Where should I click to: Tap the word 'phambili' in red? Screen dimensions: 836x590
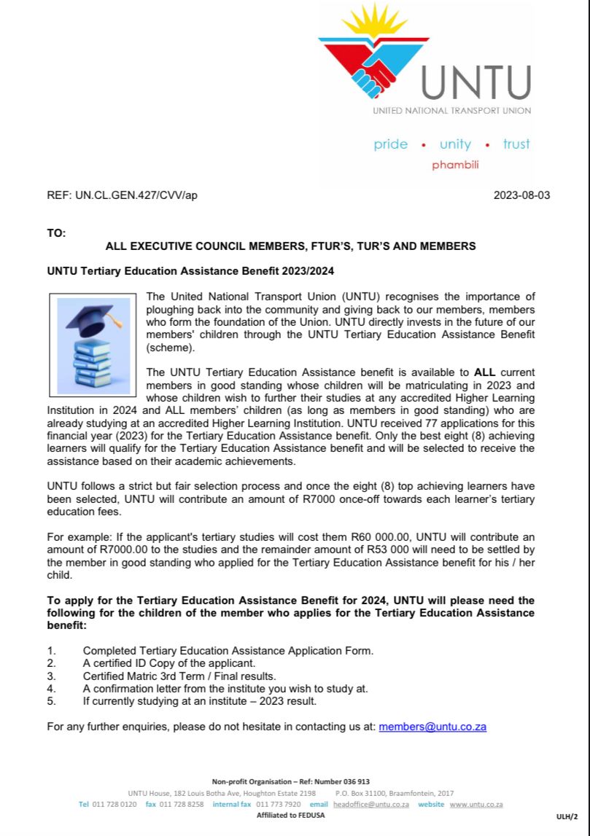pyautogui.click(x=455, y=165)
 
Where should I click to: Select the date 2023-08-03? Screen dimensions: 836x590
pyautogui.click(x=521, y=195)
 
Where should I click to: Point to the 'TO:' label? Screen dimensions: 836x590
pyautogui.click(x=56, y=233)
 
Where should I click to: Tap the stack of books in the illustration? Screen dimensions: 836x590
pyautogui.click(x=93, y=362)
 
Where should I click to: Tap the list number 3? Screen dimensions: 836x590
pyautogui.click(x=51, y=676)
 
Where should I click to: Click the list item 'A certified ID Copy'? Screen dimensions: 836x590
pyautogui.click(x=169, y=663)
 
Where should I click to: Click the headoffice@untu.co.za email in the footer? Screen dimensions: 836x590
pyautogui.click(x=370, y=804)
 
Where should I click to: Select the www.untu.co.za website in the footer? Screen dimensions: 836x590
pyautogui.click(x=476, y=804)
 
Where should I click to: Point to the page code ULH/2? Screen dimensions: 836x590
pyautogui.click(x=567, y=816)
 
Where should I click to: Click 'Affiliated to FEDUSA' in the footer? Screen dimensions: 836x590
pyautogui.click(x=290, y=815)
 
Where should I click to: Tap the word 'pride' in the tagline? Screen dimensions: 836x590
pyautogui.click(x=391, y=144)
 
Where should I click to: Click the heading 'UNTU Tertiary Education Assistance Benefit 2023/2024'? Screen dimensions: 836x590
pyautogui.click(x=190, y=271)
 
